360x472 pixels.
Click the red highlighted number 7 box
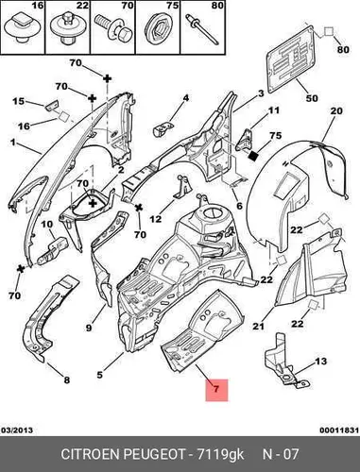pyautogui.click(x=216, y=390)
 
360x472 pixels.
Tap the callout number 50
pyautogui.click(x=312, y=98)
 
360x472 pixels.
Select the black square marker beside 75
pyautogui.click(x=253, y=155)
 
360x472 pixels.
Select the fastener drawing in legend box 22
pyautogui.click(x=67, y=28)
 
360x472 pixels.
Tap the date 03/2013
pyautogui.click(x=17, y=430)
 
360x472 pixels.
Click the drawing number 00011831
pyautogui.click(x=339, y=430)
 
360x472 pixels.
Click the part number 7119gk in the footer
pyautogui.click(x=220, y=454)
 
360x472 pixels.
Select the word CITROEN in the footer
pyautogui.click(x=90, y=454)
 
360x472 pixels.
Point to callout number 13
pyautogui.click(x=321, y=362)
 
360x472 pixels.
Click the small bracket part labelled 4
pyautogui.click(x=163, y=128)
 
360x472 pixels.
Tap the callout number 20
pyautogui.click(x=336, y=110)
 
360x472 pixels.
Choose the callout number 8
pyautogui.click(x=66, y=380)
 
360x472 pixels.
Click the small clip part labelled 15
pyautogui.click(x=53, y=105)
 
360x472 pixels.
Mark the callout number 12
pyautogui.click(x=156, y=218)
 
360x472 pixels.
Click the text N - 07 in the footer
pyautogui.click(x=281, y=454)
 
